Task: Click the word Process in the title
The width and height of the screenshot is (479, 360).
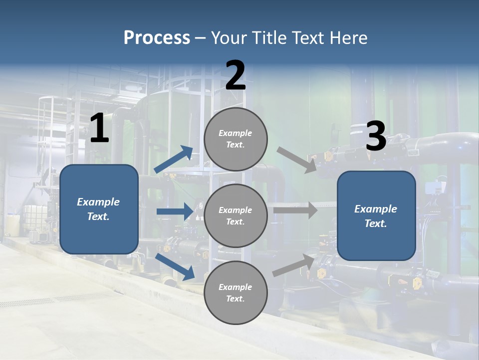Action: (x=157, y=38)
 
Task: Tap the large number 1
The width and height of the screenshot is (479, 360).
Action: (x=99, y=129)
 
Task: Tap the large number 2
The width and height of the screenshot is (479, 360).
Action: (x=236, y=76)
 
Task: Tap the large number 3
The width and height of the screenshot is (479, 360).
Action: (x=376, y=136)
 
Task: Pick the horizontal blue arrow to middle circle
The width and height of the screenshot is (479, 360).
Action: (x=175, y=211)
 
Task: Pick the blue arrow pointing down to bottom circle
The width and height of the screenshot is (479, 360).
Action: (x=175, y=266)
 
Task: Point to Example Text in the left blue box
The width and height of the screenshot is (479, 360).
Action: (x=98, y=209)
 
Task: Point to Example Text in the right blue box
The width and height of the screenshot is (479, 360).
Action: (x=376, y=216)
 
